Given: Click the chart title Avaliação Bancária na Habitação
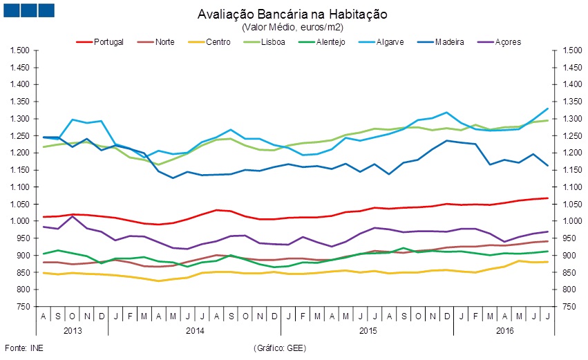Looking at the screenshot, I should pos(293,14).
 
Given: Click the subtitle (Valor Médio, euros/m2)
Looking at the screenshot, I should pos(293,27).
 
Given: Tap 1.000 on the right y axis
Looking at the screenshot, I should pos(569,221).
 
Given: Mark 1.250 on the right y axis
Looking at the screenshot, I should pos(569,136).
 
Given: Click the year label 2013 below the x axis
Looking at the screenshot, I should pos(73,331).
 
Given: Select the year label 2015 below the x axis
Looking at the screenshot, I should pos(367,331).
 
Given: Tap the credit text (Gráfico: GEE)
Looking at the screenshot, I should pos(280,348).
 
